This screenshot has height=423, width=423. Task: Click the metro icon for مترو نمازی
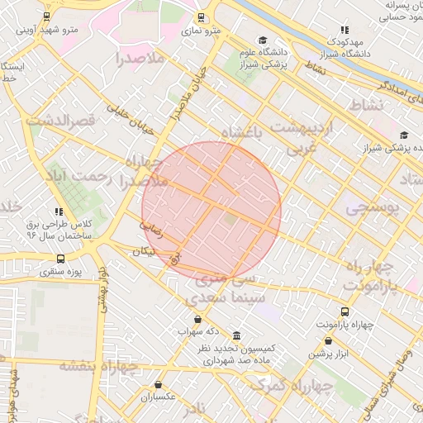[201, 17]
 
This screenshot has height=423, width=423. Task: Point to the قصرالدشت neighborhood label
[61, 121]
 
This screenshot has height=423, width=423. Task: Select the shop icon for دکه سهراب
[197, 319]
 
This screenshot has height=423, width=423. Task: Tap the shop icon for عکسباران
[158, 384]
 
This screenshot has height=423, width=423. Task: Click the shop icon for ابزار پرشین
[329, 340]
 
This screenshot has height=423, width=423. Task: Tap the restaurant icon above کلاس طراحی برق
[58, 211]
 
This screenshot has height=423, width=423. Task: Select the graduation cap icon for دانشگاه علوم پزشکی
[263, 40]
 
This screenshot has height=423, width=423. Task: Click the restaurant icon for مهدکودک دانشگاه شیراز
[345, 30]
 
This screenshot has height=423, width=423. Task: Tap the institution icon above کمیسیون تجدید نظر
[237, 335]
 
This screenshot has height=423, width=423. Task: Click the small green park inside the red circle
[230, 218]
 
